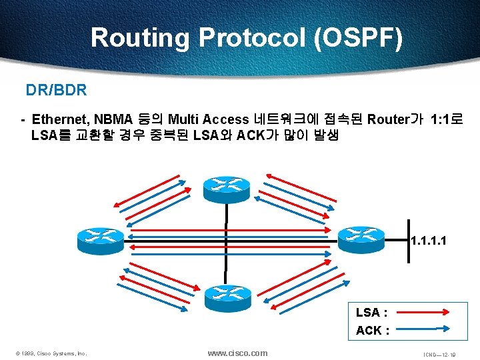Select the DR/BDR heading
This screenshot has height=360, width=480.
coord(56,89)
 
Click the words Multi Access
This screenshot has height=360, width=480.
coord(208,120)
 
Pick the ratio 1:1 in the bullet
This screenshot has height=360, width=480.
coord(443,120)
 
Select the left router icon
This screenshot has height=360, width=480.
coord(100,237)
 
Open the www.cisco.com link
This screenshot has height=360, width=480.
coord(237,353)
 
